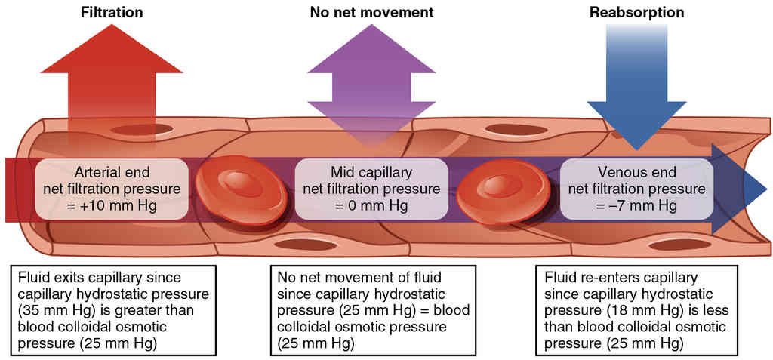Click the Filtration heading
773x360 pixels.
click(x=111, y=13)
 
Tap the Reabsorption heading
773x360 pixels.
click(x=638, y=13)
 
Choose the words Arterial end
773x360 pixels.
click(x=111, y=171)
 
